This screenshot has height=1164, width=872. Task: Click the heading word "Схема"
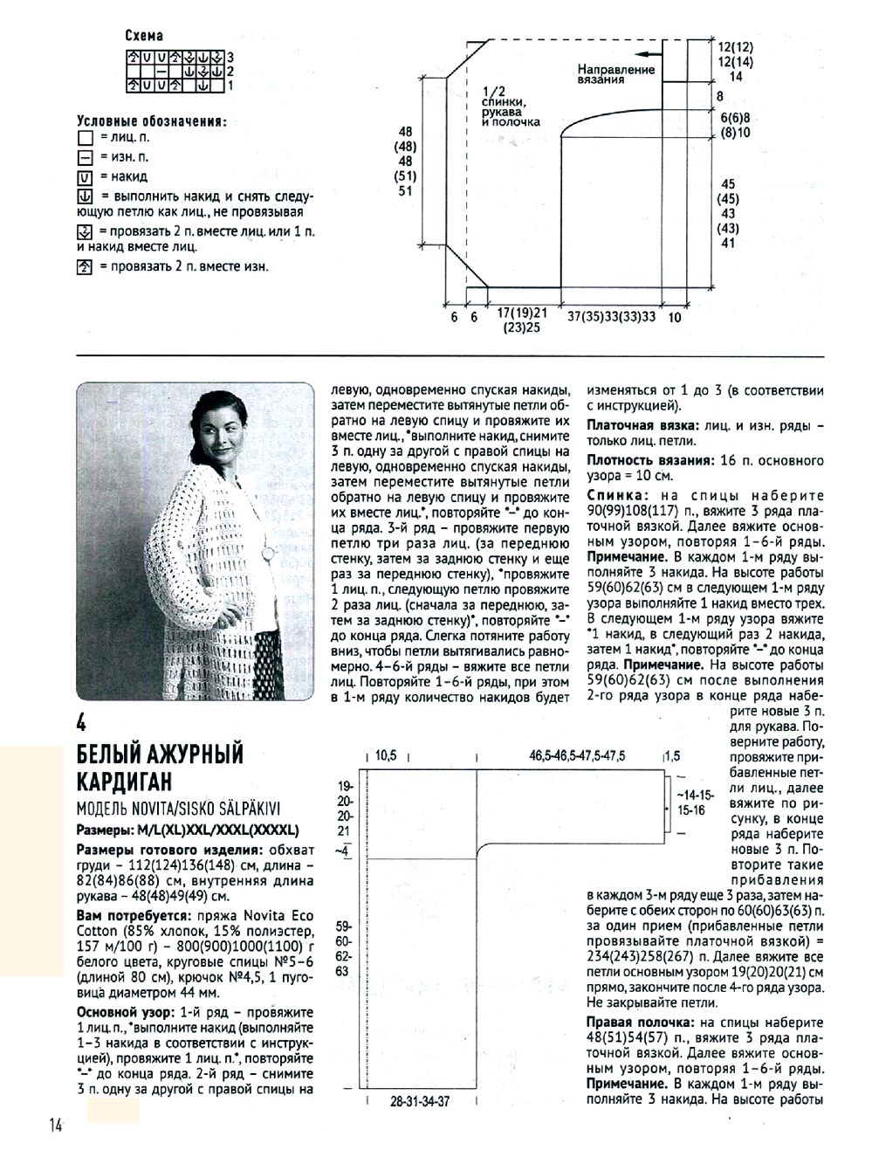[x=144, y=36]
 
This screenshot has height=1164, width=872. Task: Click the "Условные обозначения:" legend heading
[x=151, y=121]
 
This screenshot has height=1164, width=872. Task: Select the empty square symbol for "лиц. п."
[x=85, y=138]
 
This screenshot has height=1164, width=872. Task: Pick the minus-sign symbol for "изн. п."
[x=85, y=157]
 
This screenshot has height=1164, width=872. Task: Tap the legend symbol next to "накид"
[x=85, y=176]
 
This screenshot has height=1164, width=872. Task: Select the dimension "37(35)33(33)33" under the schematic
[x=611, y=318]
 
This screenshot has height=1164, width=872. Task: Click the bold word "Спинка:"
[x=619, y=495]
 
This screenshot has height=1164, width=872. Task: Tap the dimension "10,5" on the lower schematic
[x=386, y=756]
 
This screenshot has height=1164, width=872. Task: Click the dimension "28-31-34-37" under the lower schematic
[x=420, y=1102]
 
